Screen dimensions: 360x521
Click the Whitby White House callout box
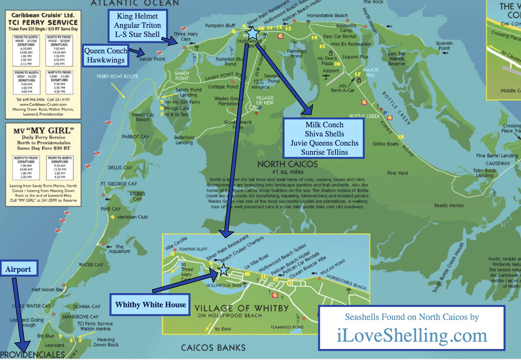point(150,304)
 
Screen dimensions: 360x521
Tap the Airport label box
point(19,269)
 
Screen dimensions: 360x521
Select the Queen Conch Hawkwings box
point(105,55)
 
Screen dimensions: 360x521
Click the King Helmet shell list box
point(137,25)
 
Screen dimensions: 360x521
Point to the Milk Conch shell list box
point(324,138)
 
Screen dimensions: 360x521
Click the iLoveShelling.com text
point(412,335)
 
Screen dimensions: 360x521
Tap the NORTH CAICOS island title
point(287,164)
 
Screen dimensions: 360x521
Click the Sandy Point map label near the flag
point(152,59)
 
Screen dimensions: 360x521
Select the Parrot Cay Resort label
point(143,117)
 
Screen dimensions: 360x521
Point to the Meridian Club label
point(132,217)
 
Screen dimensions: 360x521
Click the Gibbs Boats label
point(385,144)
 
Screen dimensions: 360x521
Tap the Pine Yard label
point(397,173)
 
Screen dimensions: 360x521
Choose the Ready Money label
point(449,205)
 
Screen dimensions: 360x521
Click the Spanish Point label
point(444,45)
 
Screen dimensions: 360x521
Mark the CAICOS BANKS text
point(213,348)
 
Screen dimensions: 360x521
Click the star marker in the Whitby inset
point(224,270)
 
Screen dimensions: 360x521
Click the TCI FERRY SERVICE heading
point(43,22)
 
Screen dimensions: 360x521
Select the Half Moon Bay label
point(47,289)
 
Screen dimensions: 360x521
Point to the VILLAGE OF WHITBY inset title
point(242,308)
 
